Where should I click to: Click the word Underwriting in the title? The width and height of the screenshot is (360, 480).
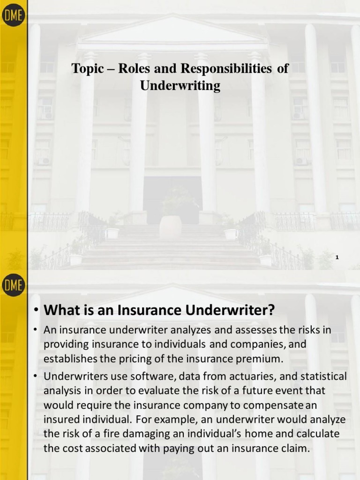click(180, 86)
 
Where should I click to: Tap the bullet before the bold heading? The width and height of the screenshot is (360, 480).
click(36, 311)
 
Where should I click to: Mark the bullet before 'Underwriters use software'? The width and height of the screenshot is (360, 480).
click(36, 376)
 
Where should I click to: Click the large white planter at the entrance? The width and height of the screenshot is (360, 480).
click(170, 228)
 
